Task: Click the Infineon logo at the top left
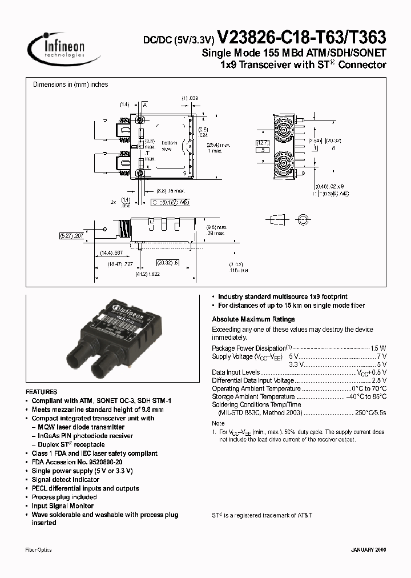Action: pos(57,46)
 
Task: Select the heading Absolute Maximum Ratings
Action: pos(253,319)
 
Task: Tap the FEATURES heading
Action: pos(41,392)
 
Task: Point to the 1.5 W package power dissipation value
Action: pos(378,348)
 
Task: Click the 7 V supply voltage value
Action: pos(382,356)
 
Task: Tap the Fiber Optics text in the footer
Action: pos(39,549)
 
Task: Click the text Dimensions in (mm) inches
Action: pos(71,85)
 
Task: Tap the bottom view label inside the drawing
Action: pos(170,146)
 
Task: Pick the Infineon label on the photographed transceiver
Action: pos(129,311)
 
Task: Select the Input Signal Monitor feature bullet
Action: pos(63,505)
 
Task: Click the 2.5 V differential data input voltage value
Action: pos(379,380)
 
